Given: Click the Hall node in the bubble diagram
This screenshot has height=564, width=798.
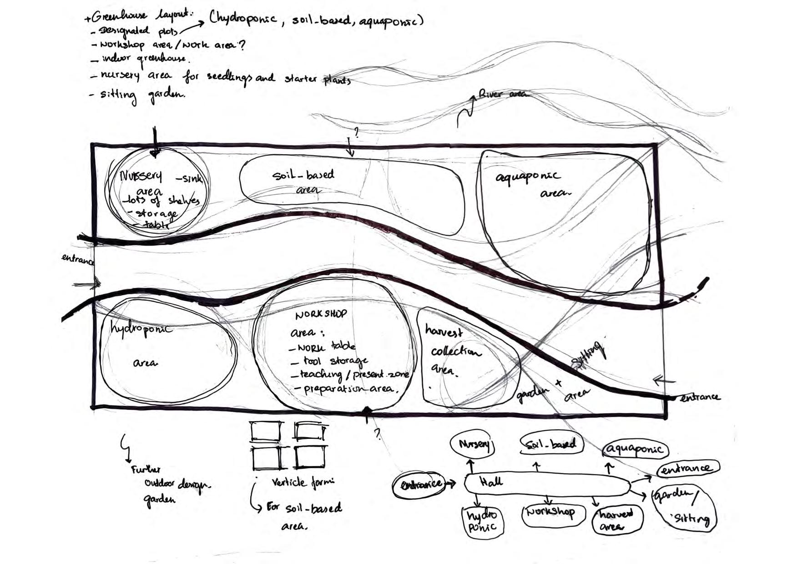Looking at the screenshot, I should click(x=546, y=484).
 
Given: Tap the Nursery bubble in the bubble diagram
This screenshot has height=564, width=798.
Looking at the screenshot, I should click(x=474, y=444).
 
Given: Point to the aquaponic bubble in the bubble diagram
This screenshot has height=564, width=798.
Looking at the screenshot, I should click(x=636, y=449).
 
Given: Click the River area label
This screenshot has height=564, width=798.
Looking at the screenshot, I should click(x=503, y=94).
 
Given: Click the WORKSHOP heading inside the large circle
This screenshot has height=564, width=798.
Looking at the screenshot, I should click(x=321, y=314).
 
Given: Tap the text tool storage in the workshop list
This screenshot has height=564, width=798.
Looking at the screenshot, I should click(x=335, y=361).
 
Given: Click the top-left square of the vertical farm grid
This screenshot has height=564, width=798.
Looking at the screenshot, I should click(x=265, y=431).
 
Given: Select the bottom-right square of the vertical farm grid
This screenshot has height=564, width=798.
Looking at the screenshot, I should click(x=310, y=457).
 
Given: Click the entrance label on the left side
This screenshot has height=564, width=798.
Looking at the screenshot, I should click(x=78, y=260).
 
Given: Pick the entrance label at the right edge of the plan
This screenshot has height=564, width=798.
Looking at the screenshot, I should click(x=700, y=398).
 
